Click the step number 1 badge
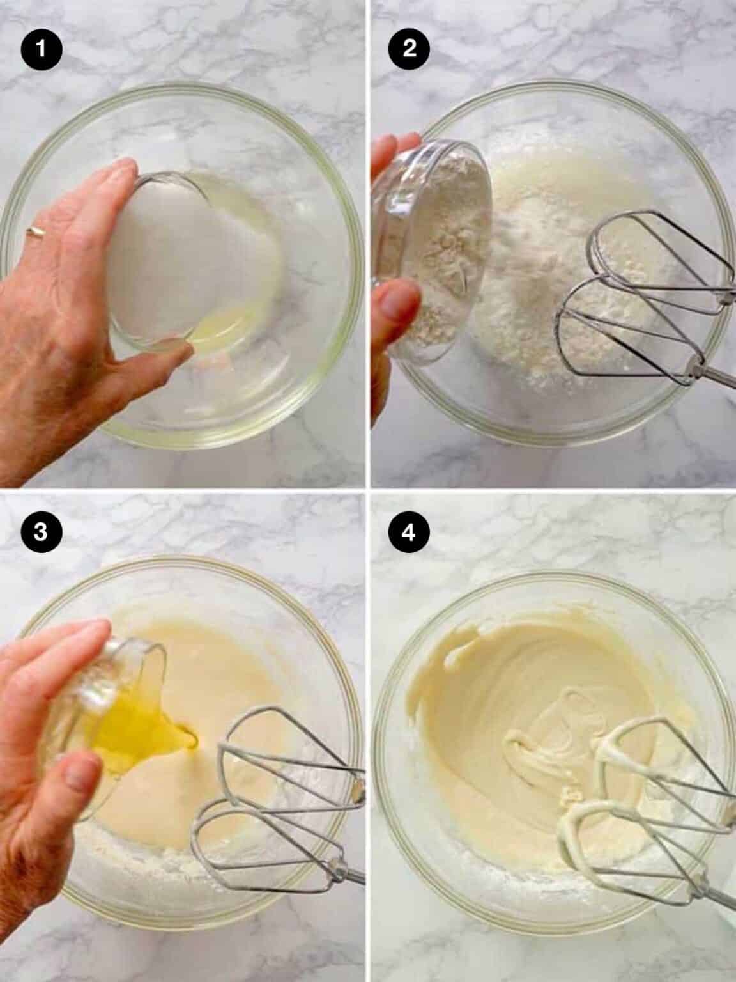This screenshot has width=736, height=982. [x=41, y=49]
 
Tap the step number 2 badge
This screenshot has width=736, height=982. [x=410, y=49]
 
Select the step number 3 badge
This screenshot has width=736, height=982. [x=41, y=533]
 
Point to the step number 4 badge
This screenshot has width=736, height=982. [x=410, y=533]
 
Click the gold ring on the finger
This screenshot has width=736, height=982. [x=34, y=231]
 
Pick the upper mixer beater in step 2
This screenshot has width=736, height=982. [x=661, y=264]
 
